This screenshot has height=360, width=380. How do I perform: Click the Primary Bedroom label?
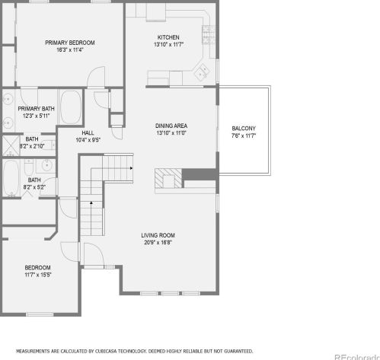pyautogui.click(x=70, y=43)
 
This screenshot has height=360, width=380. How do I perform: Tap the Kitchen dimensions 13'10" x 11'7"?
pyautogui.click(x=168, y=45)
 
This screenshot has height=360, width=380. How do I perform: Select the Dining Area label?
pyautogui.click(x=171, y=126)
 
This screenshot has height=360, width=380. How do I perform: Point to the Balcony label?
pyautogui.click(x=244, y=129)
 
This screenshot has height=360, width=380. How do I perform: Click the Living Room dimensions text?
pyautogui.click(x=158, y=243)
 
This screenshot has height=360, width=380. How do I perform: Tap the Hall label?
pyautogui.click(x=88, y=132)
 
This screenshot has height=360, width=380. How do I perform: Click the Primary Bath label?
pyautogui.click(x=36, y=109)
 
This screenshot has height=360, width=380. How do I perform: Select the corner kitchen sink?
pyautogui.click(x=202, y=72)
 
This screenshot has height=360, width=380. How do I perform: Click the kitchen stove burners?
pyautogui.click(x=209, y=35)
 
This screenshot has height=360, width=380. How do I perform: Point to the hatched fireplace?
pyautogui.click(x=168, y=178)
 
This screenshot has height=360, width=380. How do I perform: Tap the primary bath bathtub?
pyautogui.click(x=71, y=107)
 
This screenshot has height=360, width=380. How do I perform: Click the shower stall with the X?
pyautogui.click(x=11, y=145)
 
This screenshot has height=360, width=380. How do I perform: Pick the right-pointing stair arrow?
pyautogui.click(x=131, y=168)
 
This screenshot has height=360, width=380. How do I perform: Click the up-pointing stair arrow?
pyautogui.click(x=91, y=202)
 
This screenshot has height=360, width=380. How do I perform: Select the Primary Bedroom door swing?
pyautogui.click(x=96, y=77)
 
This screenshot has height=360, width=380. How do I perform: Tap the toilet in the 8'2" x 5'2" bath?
pyautogui.click(x=29, y=167)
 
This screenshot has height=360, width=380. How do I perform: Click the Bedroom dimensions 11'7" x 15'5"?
pyautogui.click(x=38, y=275)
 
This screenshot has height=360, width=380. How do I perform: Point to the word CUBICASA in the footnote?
pyautogui.click(x=106, y=352)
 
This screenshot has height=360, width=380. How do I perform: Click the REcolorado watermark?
pyautogui.click(x=357, y=357)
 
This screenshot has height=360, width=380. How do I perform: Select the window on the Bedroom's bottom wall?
pyautogui.click(x=40, y=314)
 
